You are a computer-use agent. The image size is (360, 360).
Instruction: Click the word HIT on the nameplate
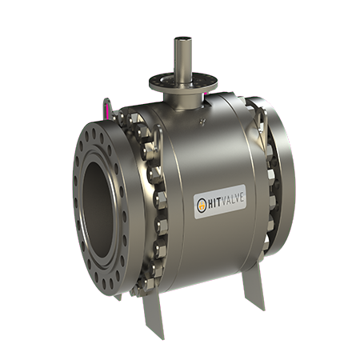[214, 204]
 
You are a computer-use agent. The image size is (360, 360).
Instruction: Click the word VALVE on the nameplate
[232, 200]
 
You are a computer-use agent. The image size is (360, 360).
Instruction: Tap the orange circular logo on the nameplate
[202, 206]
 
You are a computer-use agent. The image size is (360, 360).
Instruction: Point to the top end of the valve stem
[183, 39]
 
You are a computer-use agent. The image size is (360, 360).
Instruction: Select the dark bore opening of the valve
[98, 210]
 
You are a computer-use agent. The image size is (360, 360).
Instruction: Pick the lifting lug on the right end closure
[262, 120]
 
